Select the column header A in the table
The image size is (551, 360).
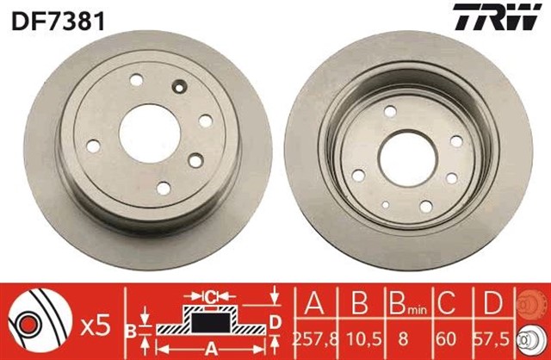(x=313, y=303)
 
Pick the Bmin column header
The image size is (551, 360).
(x=406, y=303)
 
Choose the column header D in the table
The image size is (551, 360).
(x=493, y=303)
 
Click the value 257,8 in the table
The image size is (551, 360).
(x=313, y=339)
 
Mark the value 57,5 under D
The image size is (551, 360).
(x=493, y=339)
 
